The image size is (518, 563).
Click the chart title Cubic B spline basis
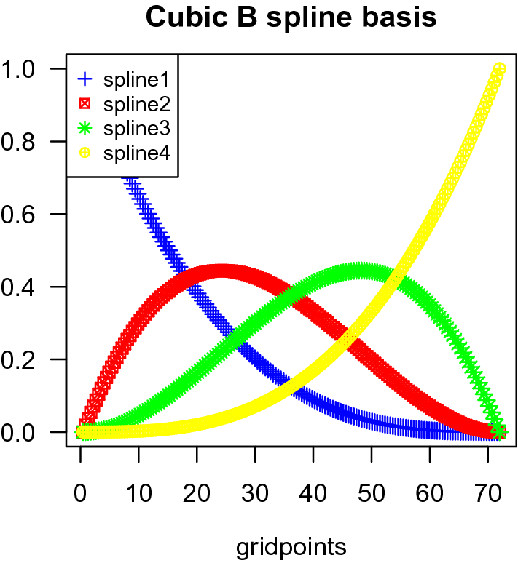291,17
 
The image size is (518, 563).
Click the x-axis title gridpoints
291,546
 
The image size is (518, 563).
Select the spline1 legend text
136,78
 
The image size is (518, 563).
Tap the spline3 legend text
136,129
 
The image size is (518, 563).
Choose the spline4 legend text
136,153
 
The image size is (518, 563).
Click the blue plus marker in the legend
85,78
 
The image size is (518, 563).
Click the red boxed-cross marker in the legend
85,103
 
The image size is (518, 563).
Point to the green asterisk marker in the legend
85,129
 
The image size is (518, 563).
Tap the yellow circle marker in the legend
85,153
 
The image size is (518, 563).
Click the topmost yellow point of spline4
500,69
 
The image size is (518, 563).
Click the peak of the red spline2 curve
220,271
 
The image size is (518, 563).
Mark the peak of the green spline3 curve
360,271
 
